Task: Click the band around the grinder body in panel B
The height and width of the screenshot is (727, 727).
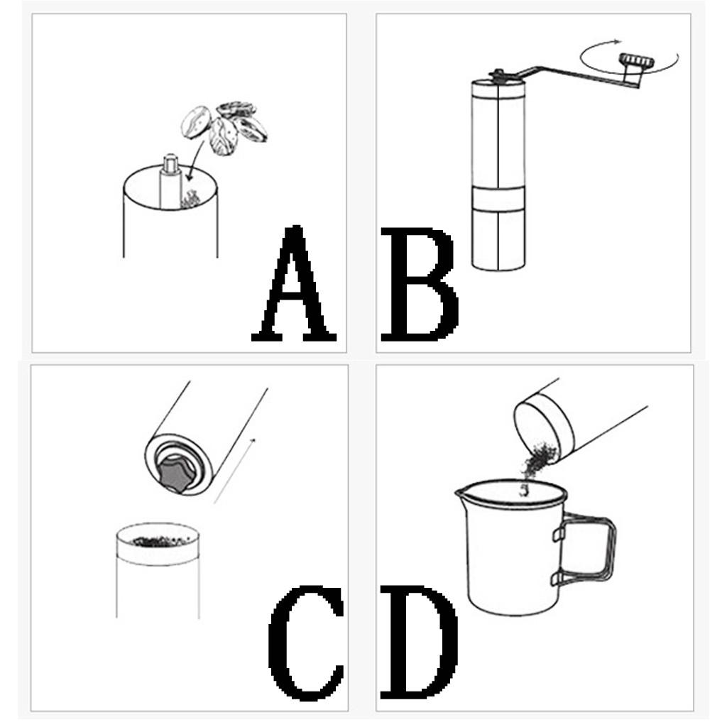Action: click(500, 200)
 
